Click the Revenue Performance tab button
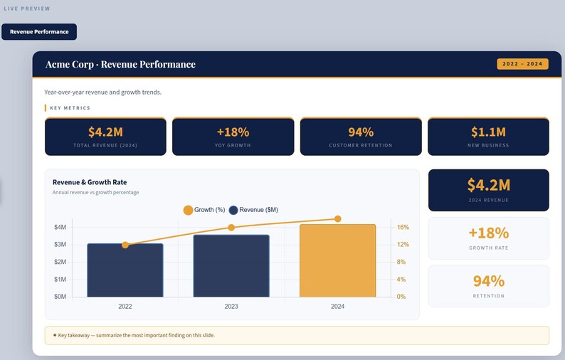[x=39, y=32]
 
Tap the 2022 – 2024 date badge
[x=522, y=64]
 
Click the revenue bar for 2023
[x=231, y=266]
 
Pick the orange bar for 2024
[x=337, y=261]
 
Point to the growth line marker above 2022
[x=125, y=245]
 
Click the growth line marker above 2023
[x=231, y=228]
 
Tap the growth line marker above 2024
[x=337, y=219]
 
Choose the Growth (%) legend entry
[x=204, y=210]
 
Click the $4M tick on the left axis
[x=60, y=228]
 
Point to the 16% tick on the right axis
[x=403, y=228]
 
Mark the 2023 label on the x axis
[x=231, y=307]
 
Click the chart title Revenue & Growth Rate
[x=90, y=182]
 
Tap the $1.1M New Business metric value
[x=488, y=132]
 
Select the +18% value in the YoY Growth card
[x=233, y=132]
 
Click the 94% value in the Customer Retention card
[x=361, y=132]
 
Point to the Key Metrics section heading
[x=70, y=108]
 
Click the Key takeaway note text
[x=136, y=335]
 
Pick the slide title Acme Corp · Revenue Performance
[x=120, y=64]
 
